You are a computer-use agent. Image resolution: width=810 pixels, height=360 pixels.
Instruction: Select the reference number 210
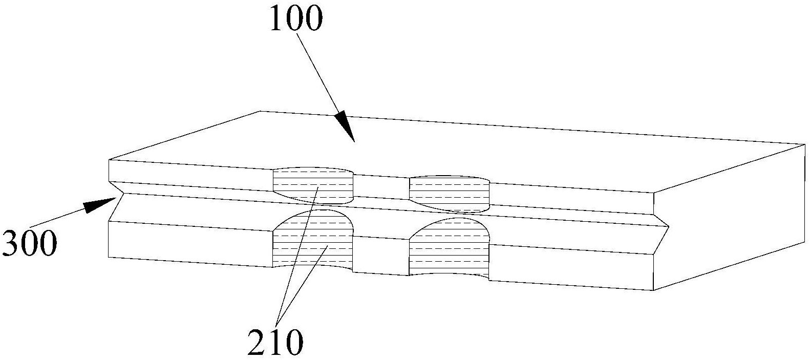point(275,342)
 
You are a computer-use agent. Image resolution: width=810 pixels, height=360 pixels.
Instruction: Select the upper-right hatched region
point(449,194)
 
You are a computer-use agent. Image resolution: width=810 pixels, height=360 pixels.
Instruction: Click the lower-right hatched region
point(449,250)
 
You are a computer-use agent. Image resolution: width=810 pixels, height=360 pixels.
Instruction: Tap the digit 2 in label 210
point(257,342)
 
